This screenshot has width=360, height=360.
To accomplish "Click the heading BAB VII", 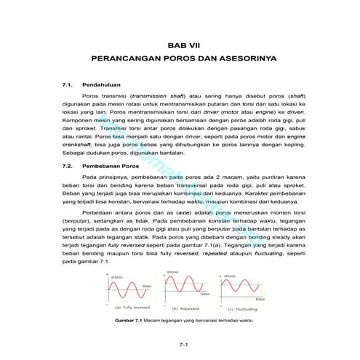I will (182, 43).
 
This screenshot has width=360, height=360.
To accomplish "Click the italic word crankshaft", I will (79, 145).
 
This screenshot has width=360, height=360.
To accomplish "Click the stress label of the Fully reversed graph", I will (116, 276).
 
